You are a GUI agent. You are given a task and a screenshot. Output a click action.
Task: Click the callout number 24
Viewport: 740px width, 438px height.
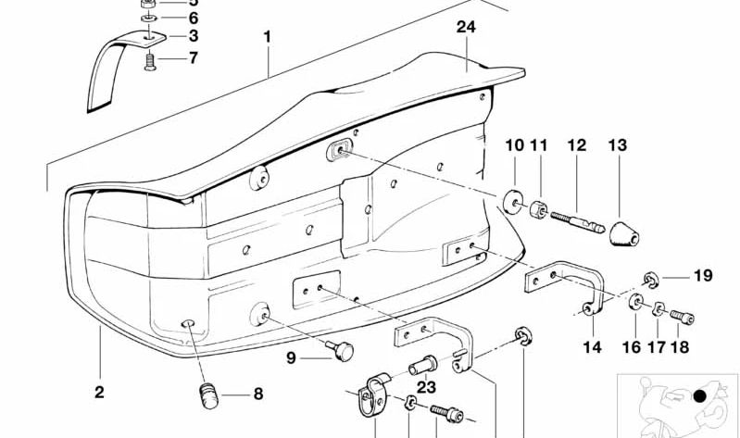point(466,28)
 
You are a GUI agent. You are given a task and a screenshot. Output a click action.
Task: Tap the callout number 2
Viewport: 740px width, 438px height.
point(99,393)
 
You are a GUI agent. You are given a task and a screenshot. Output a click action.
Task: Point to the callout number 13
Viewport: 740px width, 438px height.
point(618,145)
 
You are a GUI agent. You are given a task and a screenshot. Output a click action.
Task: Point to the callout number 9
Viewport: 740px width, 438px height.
point(290,357)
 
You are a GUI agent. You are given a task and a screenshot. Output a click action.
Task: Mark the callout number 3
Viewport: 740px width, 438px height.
point(194,36)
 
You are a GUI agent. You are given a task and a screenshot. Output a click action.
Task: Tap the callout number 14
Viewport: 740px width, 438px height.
point(593,348)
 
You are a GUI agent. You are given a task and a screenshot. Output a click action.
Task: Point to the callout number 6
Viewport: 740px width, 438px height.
point(194,18)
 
